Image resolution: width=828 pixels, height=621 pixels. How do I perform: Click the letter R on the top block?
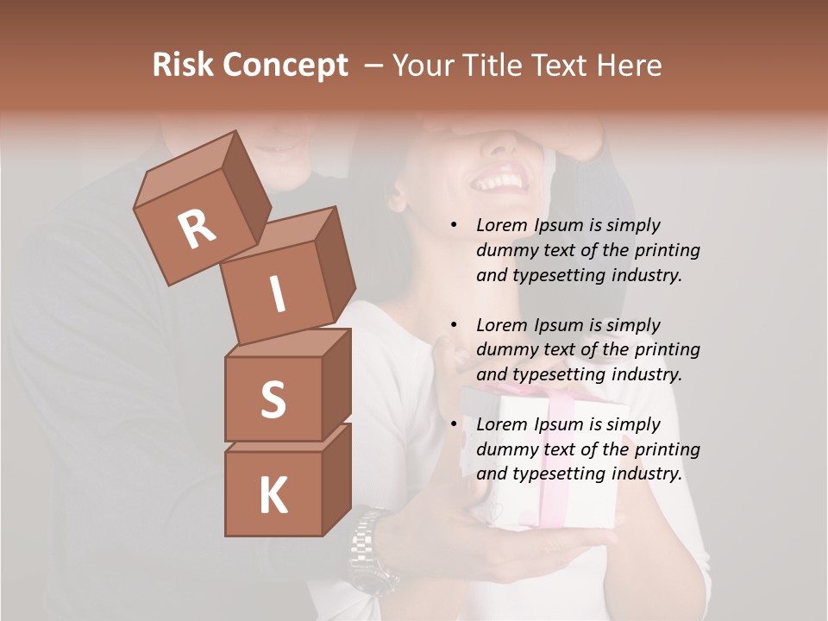[197, 229]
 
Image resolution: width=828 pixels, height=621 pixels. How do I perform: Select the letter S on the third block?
[273, 399]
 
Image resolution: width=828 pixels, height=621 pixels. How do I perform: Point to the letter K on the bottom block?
[273, 495]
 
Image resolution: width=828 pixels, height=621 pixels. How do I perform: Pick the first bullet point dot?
[454, 226]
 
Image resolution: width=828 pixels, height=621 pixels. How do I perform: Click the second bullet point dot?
[454, 325]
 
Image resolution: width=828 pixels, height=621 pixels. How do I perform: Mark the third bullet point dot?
[454, 424]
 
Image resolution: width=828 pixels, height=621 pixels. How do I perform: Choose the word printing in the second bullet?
[667, 349]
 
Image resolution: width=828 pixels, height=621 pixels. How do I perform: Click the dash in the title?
[374, 66]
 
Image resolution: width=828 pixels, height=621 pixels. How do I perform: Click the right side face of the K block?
[336, 479]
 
